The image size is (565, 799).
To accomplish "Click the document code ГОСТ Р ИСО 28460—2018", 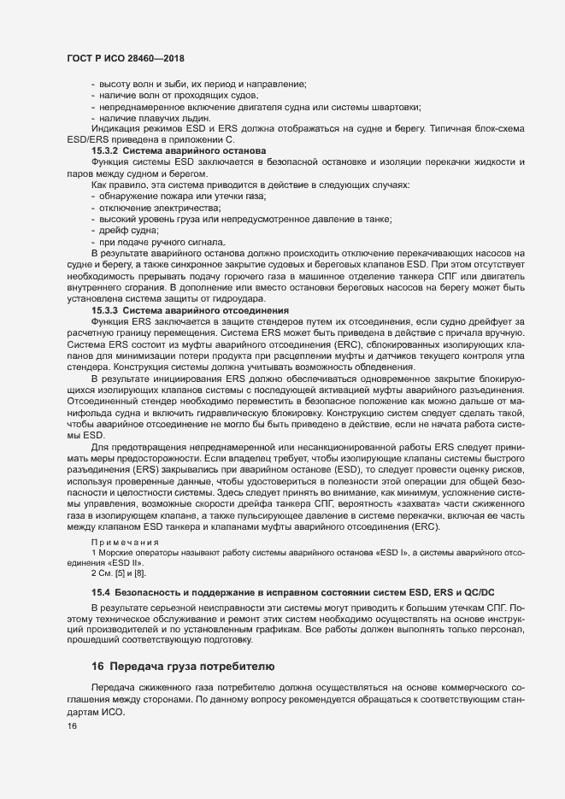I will (126, 57).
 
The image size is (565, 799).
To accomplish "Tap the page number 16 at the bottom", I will (72, 726).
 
